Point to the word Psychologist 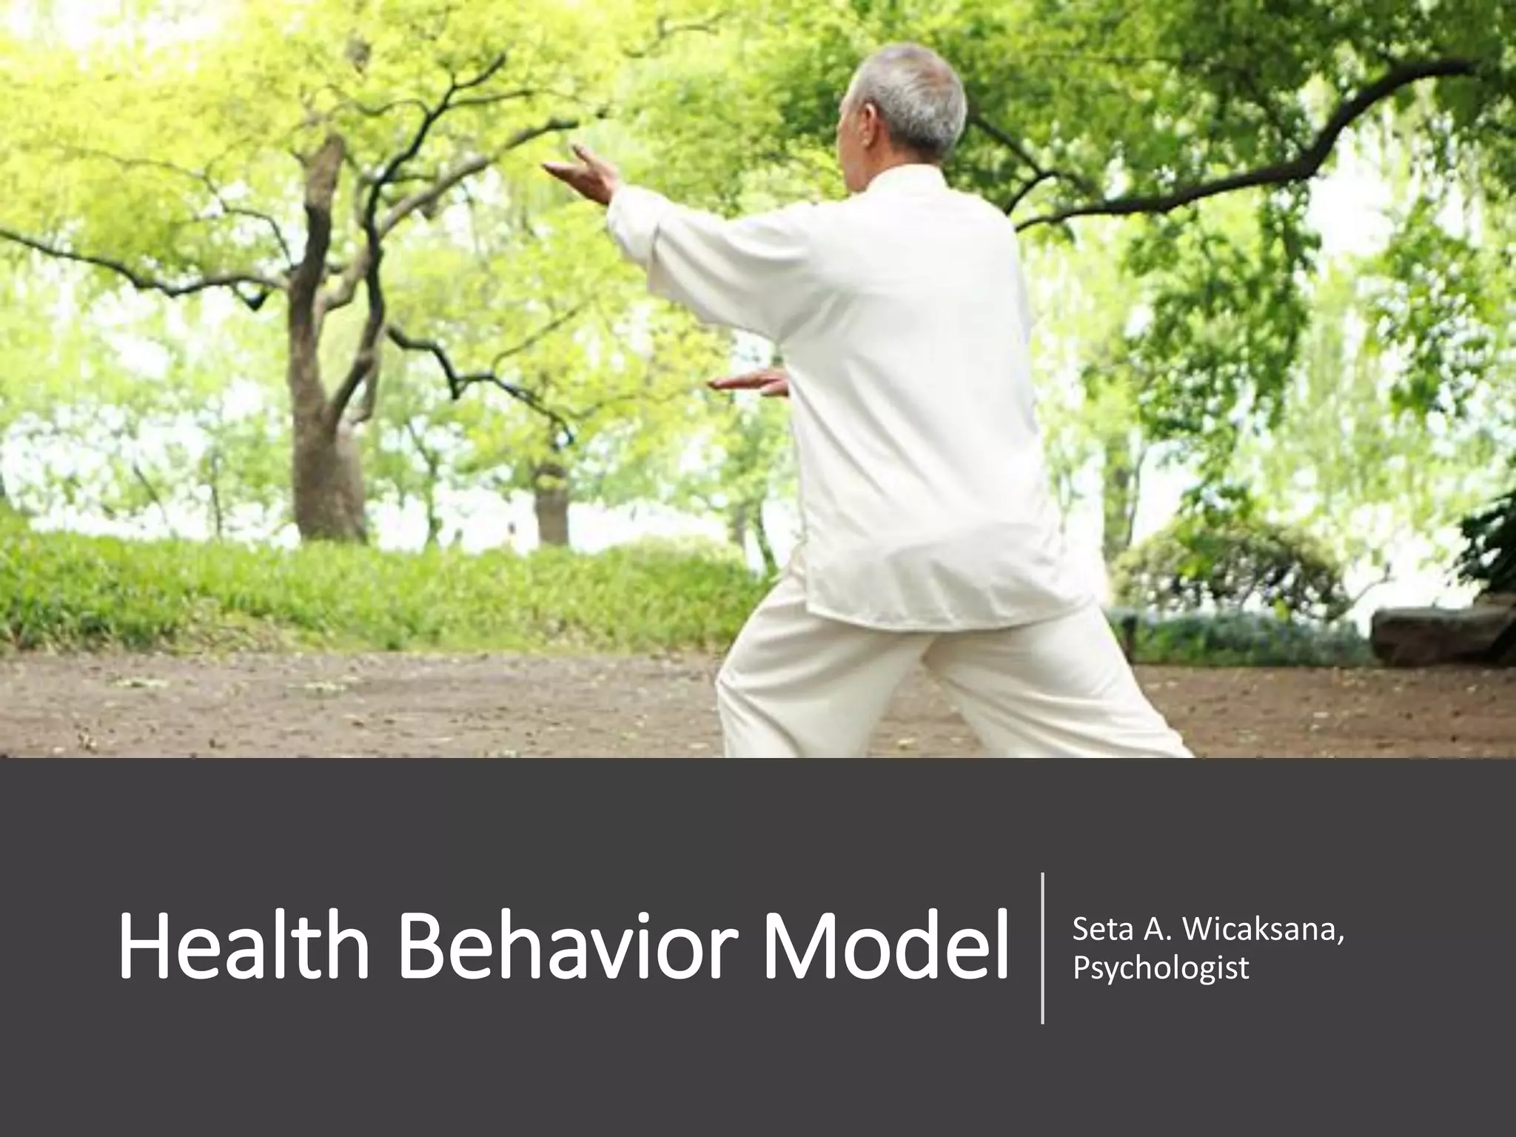pos(1161,967)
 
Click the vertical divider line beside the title pos(1042,948)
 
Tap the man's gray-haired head pos(910,104)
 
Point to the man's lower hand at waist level pos(748,383)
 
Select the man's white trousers pos(925,681)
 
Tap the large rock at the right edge pos(1436,634)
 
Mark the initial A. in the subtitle pos(1156,929)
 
